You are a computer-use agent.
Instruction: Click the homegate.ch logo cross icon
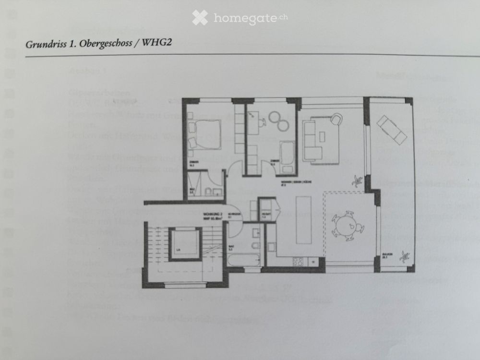point(200,18)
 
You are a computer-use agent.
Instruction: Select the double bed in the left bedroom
point(207,129)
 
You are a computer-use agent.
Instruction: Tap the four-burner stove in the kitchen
point(298,262)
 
